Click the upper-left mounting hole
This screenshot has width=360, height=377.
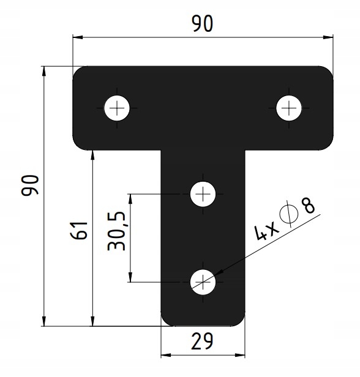click(117, 108)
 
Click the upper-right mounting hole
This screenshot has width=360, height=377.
click(288, 108)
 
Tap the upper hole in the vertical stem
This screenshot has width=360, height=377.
click(203, 194)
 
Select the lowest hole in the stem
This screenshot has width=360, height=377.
click(203, 282)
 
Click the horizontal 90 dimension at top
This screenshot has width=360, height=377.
click(202, 23)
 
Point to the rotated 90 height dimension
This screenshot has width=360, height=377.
click(30, 185)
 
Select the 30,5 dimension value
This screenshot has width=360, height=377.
click(117, 231)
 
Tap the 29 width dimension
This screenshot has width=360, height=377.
click(202, 341)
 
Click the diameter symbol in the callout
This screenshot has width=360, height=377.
click(290, 215)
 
